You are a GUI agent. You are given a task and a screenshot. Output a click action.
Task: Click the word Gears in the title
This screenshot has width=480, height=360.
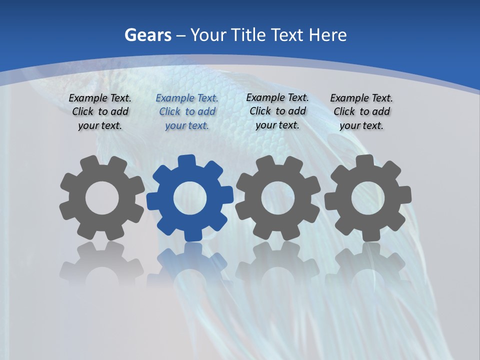(x=148, y=35)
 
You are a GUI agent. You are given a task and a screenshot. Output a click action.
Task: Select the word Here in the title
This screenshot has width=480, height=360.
(x=327, y=35)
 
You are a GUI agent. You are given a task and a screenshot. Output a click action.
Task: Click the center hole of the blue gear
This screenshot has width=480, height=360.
(x=190, y=198)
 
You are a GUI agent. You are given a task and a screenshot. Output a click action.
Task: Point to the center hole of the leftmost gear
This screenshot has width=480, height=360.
(x=102, y=198)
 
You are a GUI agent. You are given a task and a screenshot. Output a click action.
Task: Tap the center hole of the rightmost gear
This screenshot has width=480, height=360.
(x=368, y=198)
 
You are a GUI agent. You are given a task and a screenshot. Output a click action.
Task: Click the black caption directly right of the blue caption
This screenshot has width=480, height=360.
(x=277, y=111)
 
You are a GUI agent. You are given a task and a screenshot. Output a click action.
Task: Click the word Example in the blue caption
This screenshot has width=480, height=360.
(x=174, y=98)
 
